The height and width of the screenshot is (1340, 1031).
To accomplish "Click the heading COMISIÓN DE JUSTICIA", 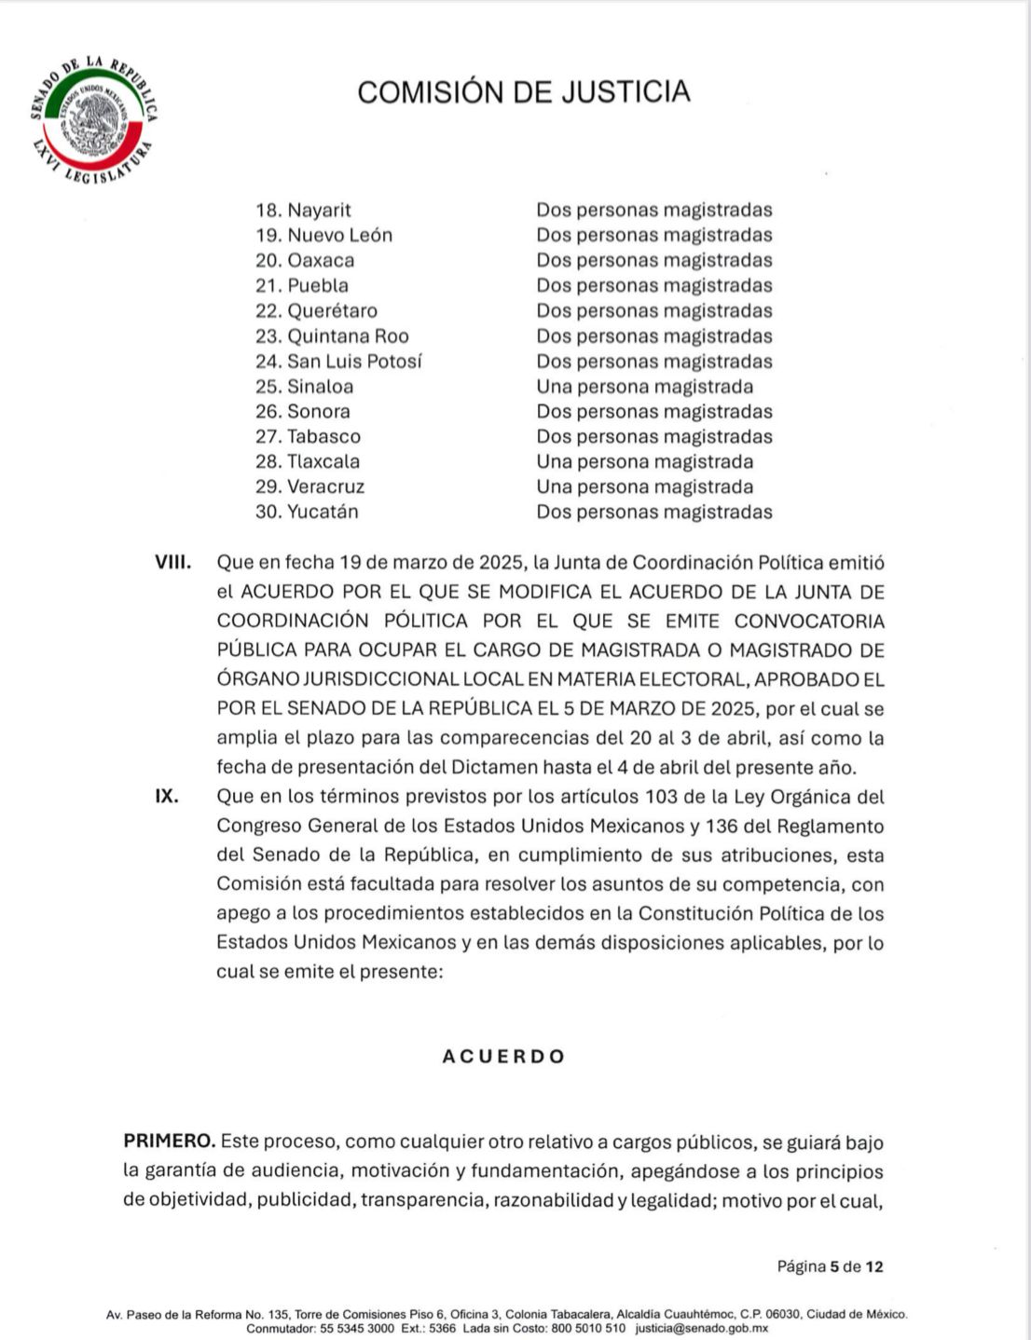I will coord(523,91).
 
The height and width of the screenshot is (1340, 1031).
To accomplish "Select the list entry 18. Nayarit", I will coord(303,211).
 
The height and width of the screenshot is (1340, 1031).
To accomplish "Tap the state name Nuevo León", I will coord(339,236).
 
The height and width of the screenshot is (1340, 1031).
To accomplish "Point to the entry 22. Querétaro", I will coord(316,311).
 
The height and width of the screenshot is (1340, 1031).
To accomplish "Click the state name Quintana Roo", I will coord(348,336).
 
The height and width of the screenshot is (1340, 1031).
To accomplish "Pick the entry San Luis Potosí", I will coord(354,362).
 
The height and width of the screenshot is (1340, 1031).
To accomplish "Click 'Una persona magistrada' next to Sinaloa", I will coord(644,387).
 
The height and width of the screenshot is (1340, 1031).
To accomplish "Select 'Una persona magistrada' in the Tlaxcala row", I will coord(644,461).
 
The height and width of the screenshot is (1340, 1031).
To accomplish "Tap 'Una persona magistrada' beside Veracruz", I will coord(644,486).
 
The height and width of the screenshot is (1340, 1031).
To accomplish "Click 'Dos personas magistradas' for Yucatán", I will coord(653,512).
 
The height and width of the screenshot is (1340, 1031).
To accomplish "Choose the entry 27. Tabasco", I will coord(308,436).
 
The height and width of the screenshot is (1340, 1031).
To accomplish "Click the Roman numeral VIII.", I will coord(173,563).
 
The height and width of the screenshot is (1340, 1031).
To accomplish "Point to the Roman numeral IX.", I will coord(167,797).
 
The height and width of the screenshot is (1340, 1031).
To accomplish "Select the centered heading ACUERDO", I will coord(503,1057).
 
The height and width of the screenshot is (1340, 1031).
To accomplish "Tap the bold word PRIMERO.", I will coord(169,1142).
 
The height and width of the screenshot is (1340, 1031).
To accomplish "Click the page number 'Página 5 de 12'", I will coord(830,1266).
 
